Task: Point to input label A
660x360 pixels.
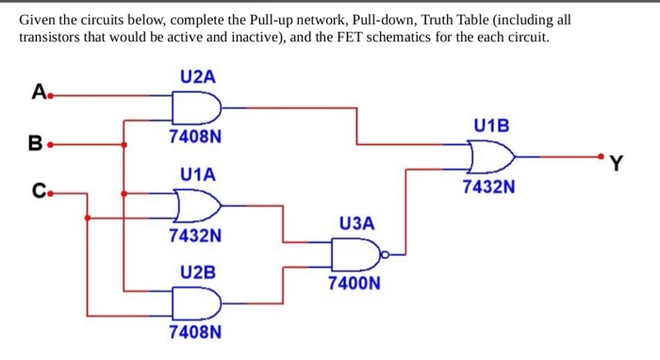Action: pos(38,92)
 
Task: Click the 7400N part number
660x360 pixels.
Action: pos(355,282)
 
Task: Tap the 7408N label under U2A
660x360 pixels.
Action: pos(196,137)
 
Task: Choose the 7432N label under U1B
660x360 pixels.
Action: pos(489,186)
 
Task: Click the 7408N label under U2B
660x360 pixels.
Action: pos(196,332)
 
